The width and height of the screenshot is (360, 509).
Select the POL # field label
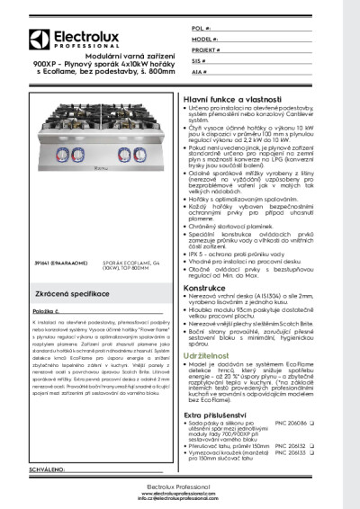pos(200,29)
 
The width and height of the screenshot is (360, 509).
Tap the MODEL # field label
pos(203,40)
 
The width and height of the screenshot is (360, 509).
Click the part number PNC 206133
pos(319,451)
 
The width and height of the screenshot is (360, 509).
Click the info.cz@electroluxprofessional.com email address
pos(179,497)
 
